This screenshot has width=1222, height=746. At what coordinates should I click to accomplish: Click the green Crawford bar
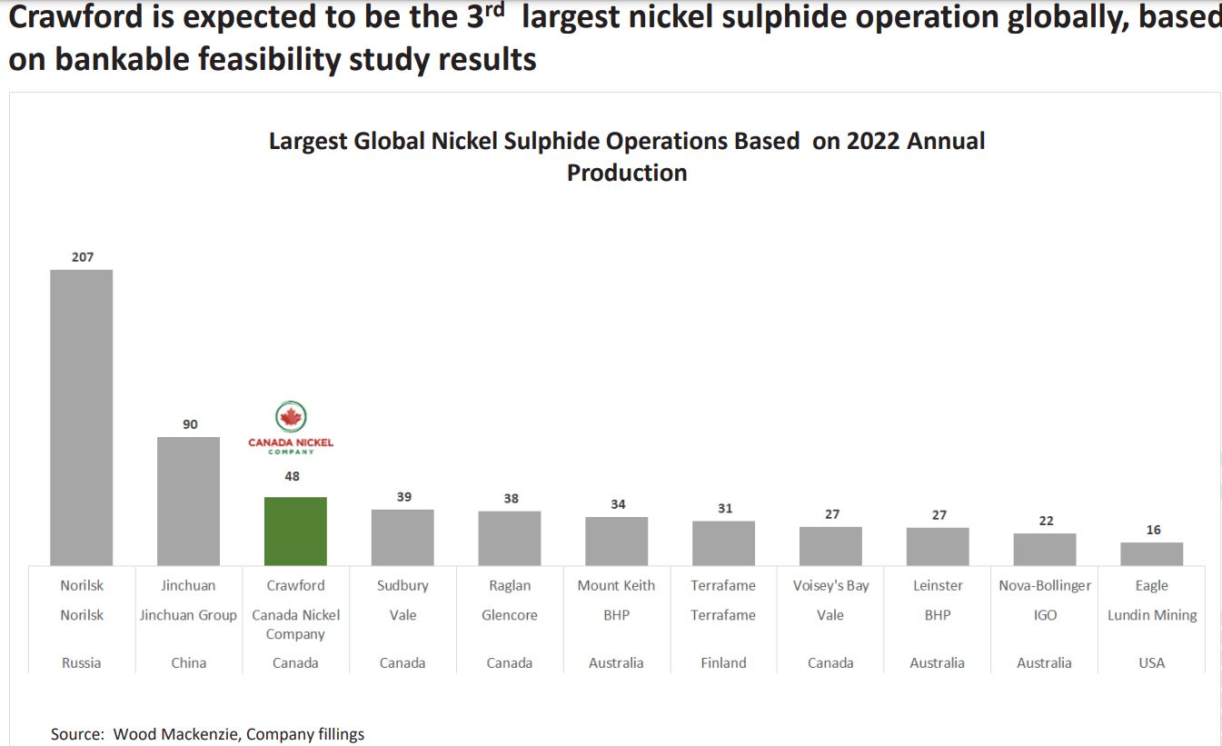click(295, 531)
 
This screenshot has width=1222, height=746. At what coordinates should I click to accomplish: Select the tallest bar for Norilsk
click(82, 417)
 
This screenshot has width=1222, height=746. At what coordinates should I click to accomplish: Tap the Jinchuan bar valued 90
click(188, 501)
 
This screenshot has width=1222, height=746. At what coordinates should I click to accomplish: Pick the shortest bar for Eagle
click(1151, 553)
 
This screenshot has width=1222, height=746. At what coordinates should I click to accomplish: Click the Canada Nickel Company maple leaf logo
click(291, 418)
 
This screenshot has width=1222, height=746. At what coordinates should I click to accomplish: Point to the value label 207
click(83, 257)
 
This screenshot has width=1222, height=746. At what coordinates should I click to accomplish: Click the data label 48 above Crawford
click(292, 475)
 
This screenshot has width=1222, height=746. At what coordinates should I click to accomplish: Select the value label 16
click(1153, 530)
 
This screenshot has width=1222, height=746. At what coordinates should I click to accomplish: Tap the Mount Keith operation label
click(616, 585)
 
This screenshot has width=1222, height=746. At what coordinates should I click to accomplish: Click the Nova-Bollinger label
click(1045, 585)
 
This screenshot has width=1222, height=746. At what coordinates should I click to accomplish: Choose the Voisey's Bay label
click(830, 585)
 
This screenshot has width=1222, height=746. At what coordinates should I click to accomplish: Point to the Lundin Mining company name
click(1151, 615)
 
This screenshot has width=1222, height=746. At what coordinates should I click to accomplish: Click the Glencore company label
click(510, 615)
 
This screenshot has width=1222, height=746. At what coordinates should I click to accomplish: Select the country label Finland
click(723, 662)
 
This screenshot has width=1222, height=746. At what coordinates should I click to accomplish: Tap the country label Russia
click(82, 662)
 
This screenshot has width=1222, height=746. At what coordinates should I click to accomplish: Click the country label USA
click(1151, 662)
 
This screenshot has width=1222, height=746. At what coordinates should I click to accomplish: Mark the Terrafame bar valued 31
click(723, 542)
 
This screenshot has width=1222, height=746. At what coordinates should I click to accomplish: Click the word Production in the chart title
click(627, 173)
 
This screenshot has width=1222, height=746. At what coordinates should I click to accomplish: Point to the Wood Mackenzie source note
click(207, 734)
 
